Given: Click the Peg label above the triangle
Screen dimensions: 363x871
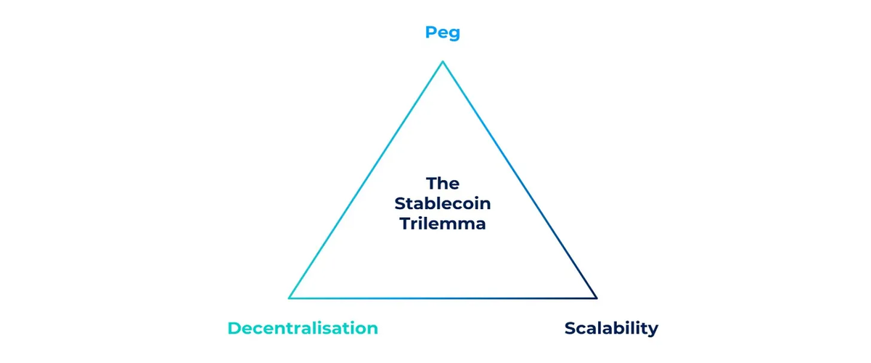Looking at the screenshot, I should pos(443,33).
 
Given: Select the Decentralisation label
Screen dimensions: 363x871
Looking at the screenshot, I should pos(303,328).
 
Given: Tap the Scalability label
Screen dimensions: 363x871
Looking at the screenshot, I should pos(611,328).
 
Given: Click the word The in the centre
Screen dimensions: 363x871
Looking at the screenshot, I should pos(443,184).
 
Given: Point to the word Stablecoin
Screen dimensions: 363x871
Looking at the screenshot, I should pos(443,204).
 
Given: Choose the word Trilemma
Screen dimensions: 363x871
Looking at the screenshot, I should pos(443,224).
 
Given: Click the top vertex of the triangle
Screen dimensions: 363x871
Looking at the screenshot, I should pos(443,62).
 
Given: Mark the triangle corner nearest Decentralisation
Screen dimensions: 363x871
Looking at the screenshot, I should pos(290,298).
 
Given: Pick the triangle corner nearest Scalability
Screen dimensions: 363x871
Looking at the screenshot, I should pos(595,298).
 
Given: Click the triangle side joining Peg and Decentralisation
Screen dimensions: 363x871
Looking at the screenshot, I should pos(367,180).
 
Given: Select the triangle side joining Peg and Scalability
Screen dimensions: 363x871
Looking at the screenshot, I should pos(519,180).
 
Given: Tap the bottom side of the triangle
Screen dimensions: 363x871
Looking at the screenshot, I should pos(443,298).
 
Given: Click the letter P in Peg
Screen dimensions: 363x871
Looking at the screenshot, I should pos(430,33).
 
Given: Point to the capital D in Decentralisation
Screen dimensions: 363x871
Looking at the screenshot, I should pos(234,328).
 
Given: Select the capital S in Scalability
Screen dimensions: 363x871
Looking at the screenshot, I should pos(570,328).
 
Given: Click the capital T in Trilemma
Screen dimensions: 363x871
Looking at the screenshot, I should pos(404,224).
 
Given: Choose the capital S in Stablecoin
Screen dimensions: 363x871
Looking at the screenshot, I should pos(400,204).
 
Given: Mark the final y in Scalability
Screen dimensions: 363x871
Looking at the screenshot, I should pos(653,330).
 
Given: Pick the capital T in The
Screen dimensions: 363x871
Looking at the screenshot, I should pos(431,184).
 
